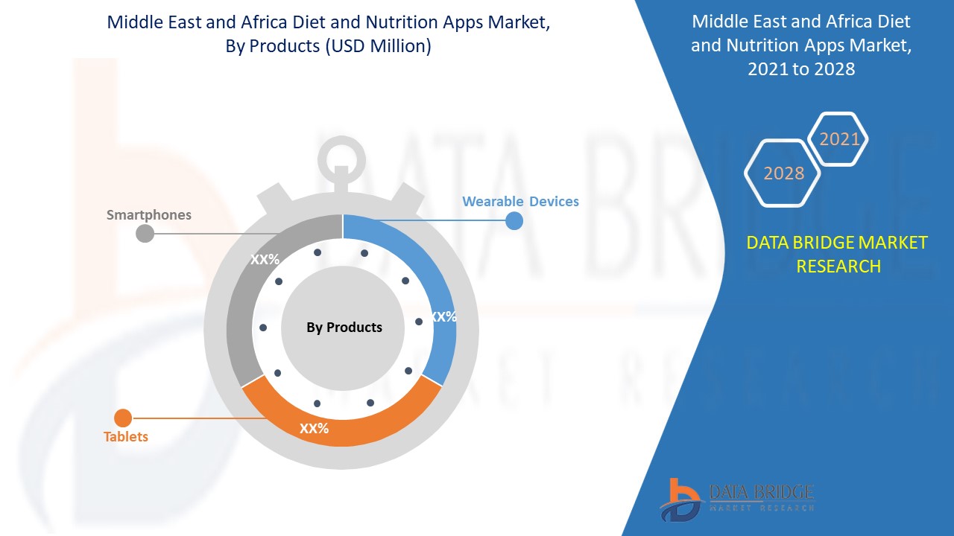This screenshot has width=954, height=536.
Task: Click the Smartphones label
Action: [x=149, y=215]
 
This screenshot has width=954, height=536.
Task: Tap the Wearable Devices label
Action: [x=520, y=201]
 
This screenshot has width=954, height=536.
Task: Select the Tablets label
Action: [x=126, y=437]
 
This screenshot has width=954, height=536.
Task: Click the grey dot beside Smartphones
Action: [x=145, y=234]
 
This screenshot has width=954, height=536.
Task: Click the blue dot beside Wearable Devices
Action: [x=514, y=220]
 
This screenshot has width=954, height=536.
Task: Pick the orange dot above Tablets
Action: [x=123, y=418]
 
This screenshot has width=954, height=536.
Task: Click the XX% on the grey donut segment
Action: [x=265, y=260]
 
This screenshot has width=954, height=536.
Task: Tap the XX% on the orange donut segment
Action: [x=314, y=429]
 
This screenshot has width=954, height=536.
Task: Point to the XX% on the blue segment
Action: [x=443, y=316]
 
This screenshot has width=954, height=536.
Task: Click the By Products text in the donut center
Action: [x=344, y=328]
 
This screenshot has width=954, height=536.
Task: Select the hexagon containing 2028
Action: [x=783, y=173]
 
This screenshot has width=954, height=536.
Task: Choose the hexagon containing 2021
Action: [x=839, y=139]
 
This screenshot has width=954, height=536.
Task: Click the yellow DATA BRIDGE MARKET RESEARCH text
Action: [x=838, y=254]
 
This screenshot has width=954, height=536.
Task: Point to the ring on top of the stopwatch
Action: [x=341, y=156]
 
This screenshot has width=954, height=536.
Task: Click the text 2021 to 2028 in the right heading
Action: [x=801, y=69]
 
